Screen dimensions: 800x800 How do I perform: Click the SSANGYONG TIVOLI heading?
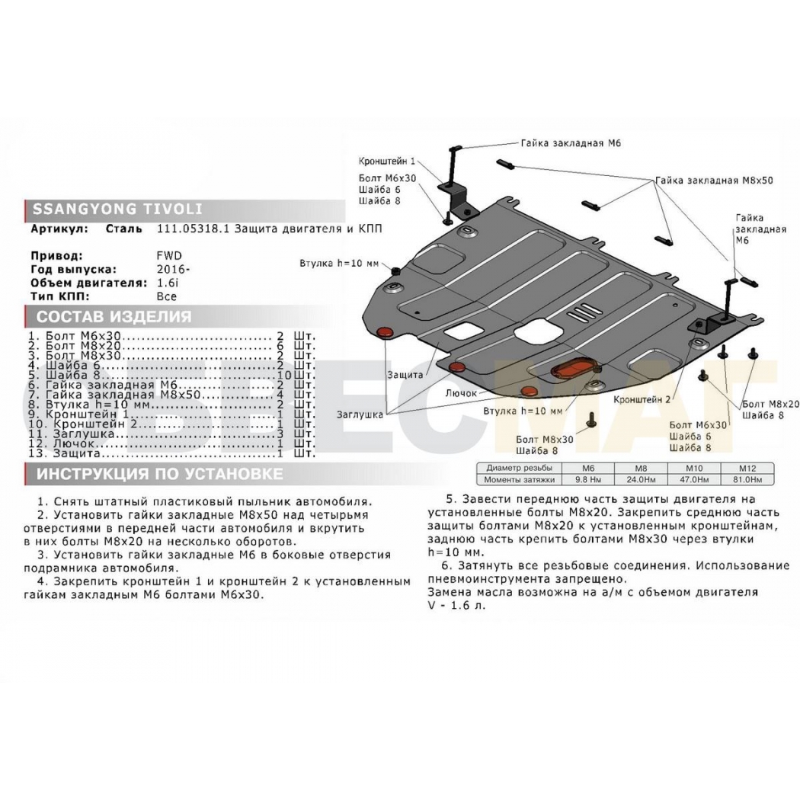[x=118, y=209]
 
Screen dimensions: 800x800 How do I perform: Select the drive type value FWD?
[x=169, y=255]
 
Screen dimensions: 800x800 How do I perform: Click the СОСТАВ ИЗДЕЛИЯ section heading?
[x=114, y=316]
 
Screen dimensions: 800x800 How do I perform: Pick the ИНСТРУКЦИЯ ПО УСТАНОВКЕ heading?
[x=159, y=474]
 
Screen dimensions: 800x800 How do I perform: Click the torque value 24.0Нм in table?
[x=641, y=479]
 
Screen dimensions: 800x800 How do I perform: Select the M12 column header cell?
[x=747, y=468]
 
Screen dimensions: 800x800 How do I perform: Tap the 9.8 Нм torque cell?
[x=588, y=479]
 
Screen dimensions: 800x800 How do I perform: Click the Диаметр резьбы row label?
[x=519, y=468]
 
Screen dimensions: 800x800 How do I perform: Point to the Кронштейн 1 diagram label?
[x=387, y=162]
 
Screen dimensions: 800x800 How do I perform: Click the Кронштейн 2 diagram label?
[x=642, y=399]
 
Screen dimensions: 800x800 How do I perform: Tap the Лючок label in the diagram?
[x=461, y=393]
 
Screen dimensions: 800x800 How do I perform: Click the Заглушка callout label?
[x=360, y=414]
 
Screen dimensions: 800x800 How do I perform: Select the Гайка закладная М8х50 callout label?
[x=714, y=180]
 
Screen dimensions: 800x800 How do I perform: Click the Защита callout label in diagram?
[x=405, y=375]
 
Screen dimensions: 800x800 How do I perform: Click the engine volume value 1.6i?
[x=168, y=283]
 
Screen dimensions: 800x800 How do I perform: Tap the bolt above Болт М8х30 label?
[x=591, y=419]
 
